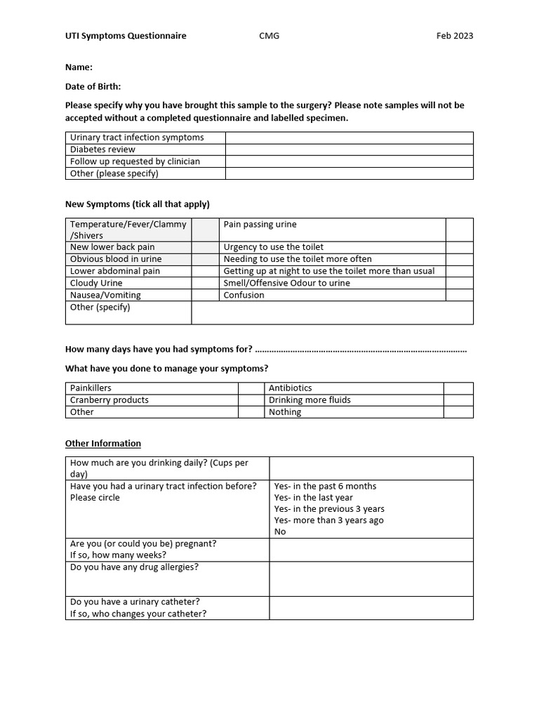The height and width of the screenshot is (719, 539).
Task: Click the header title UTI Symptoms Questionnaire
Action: tap(126, 36)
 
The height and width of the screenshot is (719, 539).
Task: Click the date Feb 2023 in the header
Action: tap(454, 36)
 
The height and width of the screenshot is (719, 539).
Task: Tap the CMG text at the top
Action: tap(269, 36)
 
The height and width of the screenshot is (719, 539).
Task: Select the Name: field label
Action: tap(79, 67)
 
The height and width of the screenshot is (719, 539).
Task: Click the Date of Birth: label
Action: tap(93, 86)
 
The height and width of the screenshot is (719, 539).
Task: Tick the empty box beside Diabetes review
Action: tap(349, 150)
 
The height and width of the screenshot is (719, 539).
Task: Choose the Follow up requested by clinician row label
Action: tap(135, 161)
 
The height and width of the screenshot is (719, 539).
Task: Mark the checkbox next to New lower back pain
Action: tap(205, 247)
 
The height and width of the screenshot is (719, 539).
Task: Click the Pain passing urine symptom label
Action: tap(260, 225)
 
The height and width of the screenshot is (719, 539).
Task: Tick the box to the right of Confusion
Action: tap(459, 295)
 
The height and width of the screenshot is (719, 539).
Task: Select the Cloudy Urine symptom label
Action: tap(96, 283)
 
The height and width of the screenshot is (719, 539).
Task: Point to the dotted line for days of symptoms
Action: tap(361, 350)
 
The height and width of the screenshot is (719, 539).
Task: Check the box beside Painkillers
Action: tap(250, 388)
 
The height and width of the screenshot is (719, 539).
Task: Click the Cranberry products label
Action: tap(109, 400)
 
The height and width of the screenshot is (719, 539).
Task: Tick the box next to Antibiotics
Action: tap(458, 388)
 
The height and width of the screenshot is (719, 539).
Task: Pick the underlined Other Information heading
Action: tap(103, 444)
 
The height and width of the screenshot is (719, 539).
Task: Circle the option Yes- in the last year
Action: tap(313, 498)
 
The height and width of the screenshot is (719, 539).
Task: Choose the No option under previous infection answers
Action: tap(280, 532)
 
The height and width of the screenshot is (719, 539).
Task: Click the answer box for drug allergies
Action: tap(371, 579)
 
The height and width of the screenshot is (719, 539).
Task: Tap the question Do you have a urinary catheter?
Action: tap(135, 602)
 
